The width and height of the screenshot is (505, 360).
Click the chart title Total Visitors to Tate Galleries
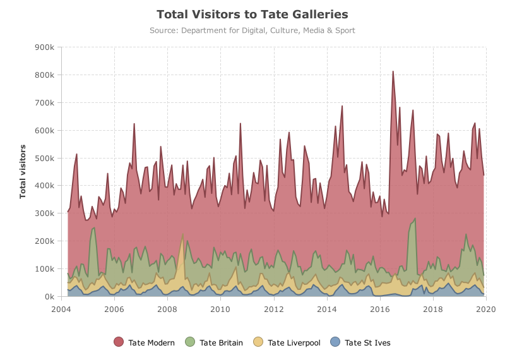252,15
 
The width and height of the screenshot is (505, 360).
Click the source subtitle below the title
252,30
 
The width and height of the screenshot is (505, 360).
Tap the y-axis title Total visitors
23,171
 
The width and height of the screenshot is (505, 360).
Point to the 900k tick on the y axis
44,47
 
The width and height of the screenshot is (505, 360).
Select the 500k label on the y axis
44,159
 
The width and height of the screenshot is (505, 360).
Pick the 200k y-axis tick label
44,241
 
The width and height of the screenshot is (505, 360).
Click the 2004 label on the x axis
61,309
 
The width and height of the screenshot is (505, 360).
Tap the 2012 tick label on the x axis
274,309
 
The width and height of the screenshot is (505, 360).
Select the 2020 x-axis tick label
486,309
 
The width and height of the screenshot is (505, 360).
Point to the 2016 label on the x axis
381,309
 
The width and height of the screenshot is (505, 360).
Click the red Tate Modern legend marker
119,342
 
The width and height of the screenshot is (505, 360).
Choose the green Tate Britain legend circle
190,342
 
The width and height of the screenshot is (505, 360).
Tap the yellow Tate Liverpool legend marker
258,342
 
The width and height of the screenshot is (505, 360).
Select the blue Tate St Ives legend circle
335,342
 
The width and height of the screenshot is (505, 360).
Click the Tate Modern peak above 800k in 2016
393,71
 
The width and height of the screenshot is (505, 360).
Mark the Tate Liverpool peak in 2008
183,234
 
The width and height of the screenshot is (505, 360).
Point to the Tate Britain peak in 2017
415,219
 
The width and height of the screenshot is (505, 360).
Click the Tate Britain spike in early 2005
94,228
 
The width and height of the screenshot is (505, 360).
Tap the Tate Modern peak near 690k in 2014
342,105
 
